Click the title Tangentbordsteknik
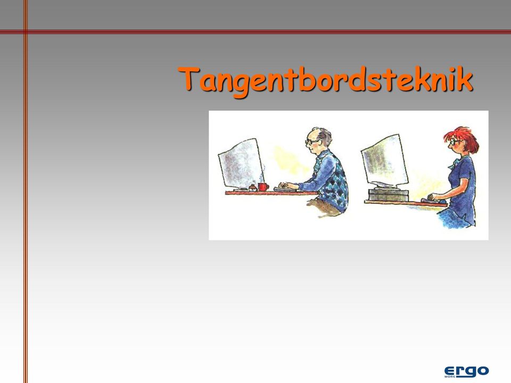pos(325,80)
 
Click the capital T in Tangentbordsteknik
pos(189,78)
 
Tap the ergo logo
pos(466,371)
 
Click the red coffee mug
pos(263,187)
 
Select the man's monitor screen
pos(241,164)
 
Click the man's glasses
pos(312,141)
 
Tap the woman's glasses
pos(455,142)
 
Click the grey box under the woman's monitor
pos(388,195)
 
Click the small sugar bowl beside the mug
pos(252,188)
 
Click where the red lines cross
pos(26,32)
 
